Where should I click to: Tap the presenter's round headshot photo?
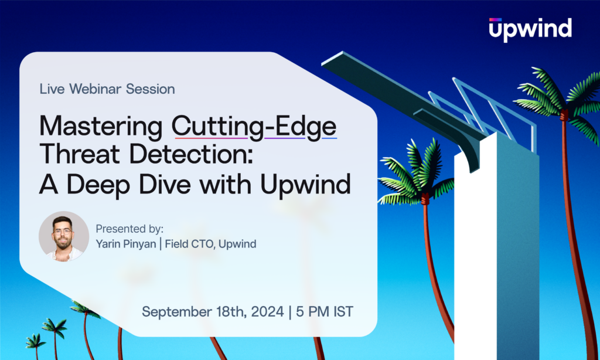(x=64, y=236)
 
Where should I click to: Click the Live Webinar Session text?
(x=107, y=89)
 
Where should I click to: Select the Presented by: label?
(x=129, y=229)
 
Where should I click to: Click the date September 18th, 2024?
(x=212, y=311)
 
